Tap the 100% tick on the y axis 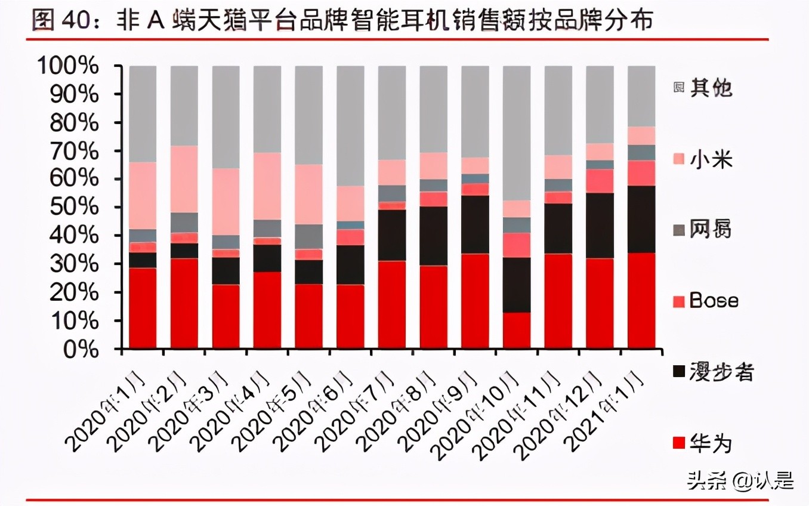pyautogui.click(x=67, y=66)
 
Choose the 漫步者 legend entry pyautogui.click(x=713, y=372)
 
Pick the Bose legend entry pyautogui.click(x=705, y=301)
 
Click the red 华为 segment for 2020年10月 pyautogui.click(x=517, y=331)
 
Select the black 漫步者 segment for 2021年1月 pyautogui.click(x=641, y=219)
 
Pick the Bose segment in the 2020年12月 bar pyautogui.click(x=600, y=181)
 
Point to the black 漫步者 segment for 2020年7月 pyautogui.click(x=392, y=235)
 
